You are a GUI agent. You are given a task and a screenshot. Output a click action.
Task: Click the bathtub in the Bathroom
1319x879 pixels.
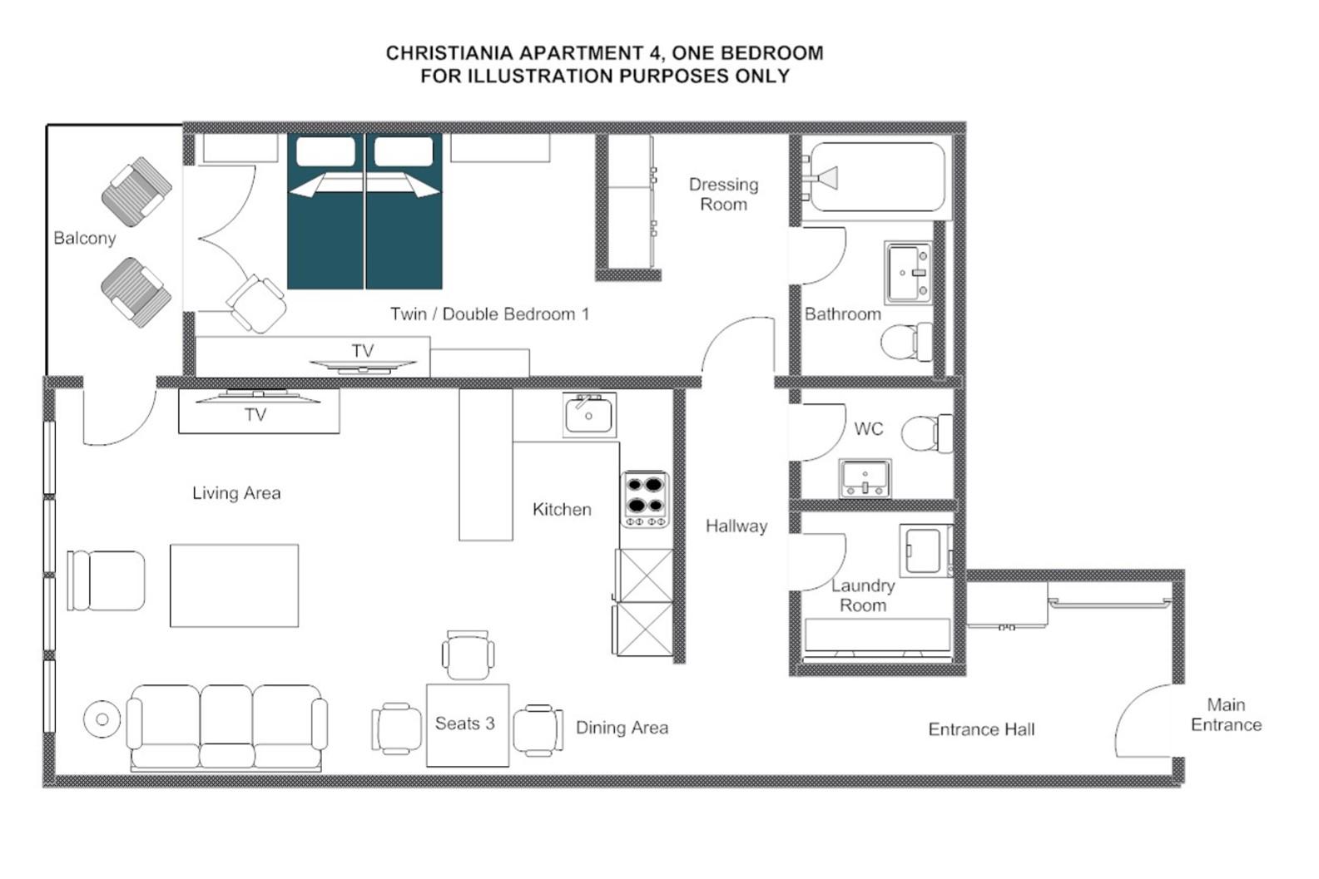[878, 176]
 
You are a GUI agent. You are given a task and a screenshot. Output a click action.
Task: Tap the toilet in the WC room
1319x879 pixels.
[925, 433]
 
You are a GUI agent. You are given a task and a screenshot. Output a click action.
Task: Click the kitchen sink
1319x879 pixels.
[589, 415]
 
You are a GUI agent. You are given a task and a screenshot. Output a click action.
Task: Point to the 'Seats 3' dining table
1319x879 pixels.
[467, 724]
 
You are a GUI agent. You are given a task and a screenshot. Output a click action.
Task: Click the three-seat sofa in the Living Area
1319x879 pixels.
[226, 727]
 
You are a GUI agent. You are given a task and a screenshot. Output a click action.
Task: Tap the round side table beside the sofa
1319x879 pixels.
[102, 719]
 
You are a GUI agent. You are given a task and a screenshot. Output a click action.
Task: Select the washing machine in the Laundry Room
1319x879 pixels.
[925, 550]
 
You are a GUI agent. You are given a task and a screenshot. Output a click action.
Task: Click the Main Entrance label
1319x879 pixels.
[1226, 714]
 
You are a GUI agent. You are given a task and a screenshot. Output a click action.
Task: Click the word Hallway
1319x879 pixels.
[736, 526]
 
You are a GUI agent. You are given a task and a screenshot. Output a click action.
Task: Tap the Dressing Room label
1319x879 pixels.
[723, 194]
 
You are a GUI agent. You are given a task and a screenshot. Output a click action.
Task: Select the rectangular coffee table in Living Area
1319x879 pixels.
[234, 585]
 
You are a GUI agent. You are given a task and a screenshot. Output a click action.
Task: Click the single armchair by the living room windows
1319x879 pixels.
[107, 580]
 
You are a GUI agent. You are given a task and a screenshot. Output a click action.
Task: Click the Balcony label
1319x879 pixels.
[84, 238]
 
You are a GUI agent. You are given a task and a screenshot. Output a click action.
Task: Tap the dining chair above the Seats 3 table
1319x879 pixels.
[468, 655]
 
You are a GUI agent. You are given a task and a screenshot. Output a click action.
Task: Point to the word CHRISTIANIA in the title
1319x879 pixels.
[449, 52]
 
